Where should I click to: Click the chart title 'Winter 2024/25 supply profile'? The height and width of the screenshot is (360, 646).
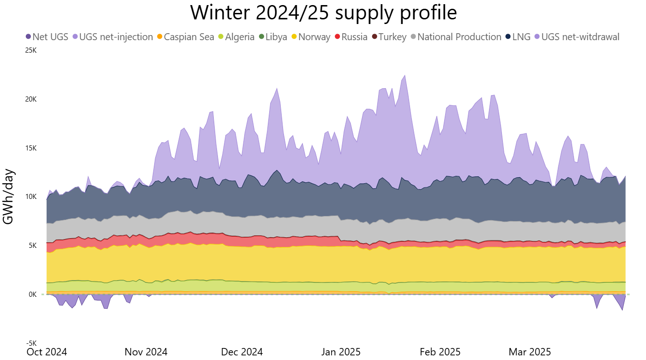[323, 12]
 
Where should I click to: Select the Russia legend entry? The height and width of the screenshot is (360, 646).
[351, 37]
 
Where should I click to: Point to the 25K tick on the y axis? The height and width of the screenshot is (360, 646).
[30, 50]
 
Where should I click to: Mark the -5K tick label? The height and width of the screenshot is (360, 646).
[31, 343]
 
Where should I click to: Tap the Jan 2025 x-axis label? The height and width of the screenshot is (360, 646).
[341, 352]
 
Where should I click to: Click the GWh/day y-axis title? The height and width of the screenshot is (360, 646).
[9, 197]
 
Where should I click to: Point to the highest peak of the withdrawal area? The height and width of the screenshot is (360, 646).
[405, 75]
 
